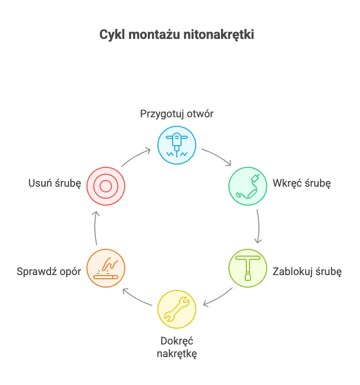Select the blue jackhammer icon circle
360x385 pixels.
click(177, 145)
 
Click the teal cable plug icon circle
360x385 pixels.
click(248, 186)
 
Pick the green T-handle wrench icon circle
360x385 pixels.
click(248, 268)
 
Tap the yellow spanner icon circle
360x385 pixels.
click(177, 309)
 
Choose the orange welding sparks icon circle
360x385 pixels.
click(106, 268)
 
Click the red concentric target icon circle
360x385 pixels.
click(106, 186)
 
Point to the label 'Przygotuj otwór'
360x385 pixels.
click(177, 114)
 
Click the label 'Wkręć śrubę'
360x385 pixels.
click(302, 184)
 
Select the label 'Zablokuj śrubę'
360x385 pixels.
click(307, 272)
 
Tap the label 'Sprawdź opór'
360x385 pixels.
click(49, 272)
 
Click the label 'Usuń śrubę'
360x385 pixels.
click(55, 184)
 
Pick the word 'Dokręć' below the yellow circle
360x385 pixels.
click(177, 341)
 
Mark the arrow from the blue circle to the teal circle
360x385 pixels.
click(217, 156)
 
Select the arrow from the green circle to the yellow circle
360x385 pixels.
click(218, 297)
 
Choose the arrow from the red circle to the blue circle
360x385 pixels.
click(136, 157)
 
